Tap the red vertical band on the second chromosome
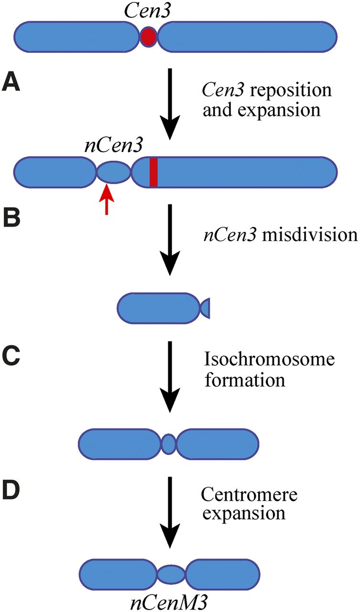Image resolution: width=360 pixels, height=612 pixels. click(x=153, y=172)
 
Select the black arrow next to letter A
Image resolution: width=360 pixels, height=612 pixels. click(x=169, y=103)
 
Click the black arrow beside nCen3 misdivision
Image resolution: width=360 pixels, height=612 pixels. click(x=169, y=240)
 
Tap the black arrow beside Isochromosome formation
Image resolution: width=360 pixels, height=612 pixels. click(x=169, y=375)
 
